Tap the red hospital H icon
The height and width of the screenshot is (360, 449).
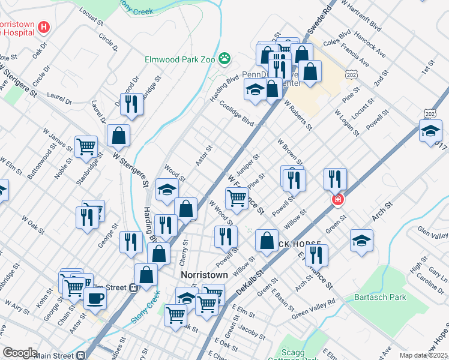(x=43, y=27)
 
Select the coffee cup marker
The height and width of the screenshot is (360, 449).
(x=95, y=298)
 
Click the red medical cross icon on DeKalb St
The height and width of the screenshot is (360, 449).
(x=338, y=200)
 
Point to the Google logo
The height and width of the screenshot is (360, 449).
(x=20, y=353)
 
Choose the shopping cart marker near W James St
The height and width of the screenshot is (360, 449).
(x=86, y=145)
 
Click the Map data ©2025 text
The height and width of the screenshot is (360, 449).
(x=424, y=355)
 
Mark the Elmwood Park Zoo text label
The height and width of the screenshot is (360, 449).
(x=180, y=59)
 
